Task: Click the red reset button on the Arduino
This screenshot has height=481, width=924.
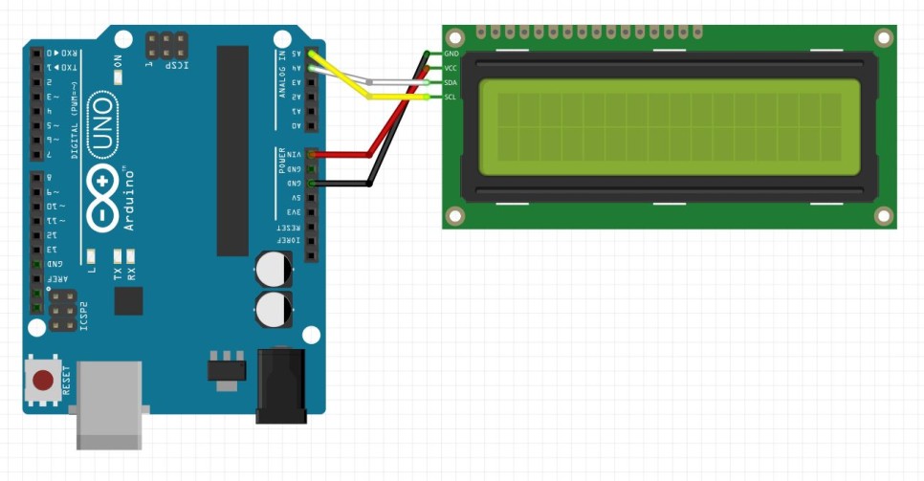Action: (x=43, y=381)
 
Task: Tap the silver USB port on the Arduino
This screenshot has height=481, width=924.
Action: (x=109, y=404)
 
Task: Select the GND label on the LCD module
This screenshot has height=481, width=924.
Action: (x=452, y=55)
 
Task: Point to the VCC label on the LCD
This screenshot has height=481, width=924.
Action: (x=452, y=69)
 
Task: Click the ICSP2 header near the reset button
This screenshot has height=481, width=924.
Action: (x=63, y=312)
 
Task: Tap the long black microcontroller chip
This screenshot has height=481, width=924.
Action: (x=232, y=150)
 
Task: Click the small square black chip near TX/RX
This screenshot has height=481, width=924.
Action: (x=128, y=300)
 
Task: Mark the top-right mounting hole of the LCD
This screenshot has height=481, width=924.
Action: (x=884, y=39)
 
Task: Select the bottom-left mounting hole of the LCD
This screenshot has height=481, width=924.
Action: (x=455, y=215)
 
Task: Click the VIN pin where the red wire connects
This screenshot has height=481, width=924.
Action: (x=310, y=154)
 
